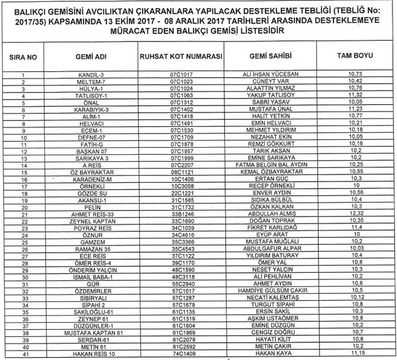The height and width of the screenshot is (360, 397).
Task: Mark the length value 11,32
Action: [356, 95]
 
